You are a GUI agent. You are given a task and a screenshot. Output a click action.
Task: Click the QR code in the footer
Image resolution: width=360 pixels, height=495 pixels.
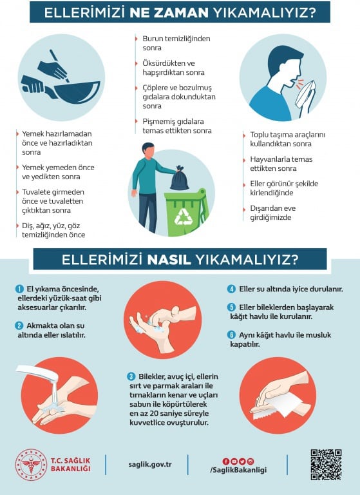point(326,465)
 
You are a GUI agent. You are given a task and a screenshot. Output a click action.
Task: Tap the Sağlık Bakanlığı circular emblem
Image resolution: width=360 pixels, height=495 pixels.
point(31,465)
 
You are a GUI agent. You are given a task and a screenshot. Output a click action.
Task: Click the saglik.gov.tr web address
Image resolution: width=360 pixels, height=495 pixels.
point(150,465)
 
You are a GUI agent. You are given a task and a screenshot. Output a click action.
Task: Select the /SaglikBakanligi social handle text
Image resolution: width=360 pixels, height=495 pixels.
point(238,470)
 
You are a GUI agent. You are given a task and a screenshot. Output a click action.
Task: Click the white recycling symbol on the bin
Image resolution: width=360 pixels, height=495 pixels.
point(184,217)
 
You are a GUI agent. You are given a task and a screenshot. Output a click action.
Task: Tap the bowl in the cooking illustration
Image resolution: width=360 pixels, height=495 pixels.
point(77,92)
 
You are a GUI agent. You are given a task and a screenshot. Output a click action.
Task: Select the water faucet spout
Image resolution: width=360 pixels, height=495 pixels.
point(37,373)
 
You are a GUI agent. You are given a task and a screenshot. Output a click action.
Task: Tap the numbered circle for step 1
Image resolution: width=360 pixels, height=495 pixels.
point(19,289)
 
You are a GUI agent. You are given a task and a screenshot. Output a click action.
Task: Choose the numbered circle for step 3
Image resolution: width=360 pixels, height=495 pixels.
point(131,376)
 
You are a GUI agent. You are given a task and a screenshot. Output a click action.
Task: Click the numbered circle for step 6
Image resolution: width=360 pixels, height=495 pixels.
point(232,335)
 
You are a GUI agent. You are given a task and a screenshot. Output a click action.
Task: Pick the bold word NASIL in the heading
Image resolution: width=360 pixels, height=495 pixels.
point(169,260)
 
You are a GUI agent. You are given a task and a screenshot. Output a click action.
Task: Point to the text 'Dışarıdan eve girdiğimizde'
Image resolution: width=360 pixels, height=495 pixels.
point(273,213)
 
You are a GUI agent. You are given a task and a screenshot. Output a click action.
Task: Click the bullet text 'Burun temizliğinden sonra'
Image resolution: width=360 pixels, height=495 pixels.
point(176,43)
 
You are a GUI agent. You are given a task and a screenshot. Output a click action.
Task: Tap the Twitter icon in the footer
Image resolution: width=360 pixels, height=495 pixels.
point(242,461)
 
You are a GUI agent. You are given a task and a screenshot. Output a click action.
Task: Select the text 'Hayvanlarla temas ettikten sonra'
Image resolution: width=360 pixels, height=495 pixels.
point(281,164)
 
